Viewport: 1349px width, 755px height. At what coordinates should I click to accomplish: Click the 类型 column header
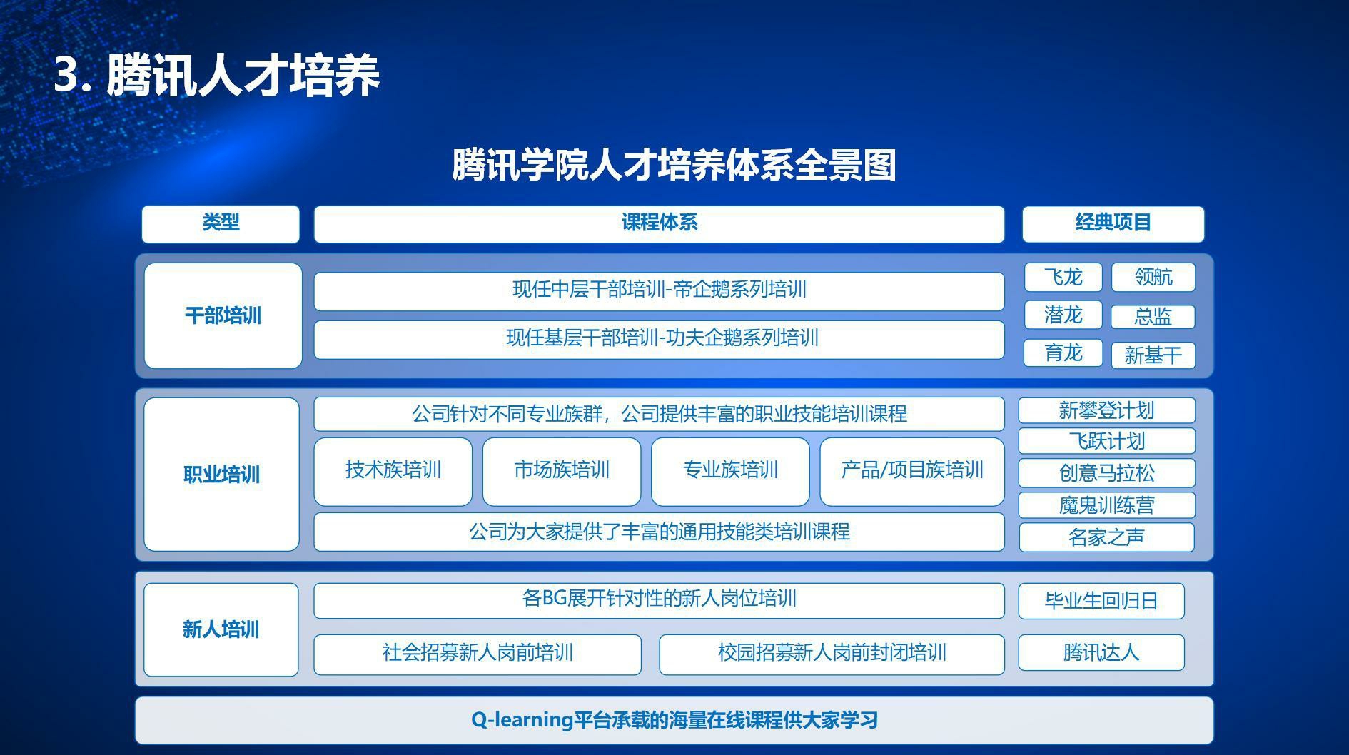pos(221,224)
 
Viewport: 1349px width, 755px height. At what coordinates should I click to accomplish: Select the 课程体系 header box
pos(659,224)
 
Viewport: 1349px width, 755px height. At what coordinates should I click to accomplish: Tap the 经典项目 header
pos(1113,224)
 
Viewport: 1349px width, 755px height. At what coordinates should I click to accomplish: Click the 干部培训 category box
pos(223,315)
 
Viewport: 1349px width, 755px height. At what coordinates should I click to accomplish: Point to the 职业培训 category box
pos(221,475)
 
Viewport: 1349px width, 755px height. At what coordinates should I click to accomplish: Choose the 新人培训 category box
pos(221,629)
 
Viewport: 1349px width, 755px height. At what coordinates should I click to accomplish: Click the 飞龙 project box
pos(1063,277)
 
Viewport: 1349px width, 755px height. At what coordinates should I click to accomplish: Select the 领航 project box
pos(1153,277)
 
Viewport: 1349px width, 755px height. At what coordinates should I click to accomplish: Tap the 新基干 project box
pos(1153,355)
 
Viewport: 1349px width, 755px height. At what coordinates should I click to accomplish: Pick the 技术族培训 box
pos(393,471)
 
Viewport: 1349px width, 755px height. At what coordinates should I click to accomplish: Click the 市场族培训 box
pos(562,471)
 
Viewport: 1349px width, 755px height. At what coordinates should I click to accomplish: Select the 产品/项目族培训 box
pos(911,471)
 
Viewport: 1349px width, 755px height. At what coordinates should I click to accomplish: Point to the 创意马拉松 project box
pos(1106,472)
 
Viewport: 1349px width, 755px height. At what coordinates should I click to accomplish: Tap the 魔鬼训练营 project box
pos(1106,505)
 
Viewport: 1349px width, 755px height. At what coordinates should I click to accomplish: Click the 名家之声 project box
pos(1106,537)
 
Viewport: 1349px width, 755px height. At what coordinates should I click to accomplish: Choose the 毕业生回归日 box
pos(1101,601)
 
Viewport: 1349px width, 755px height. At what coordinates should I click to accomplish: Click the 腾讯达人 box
pos(1101,652)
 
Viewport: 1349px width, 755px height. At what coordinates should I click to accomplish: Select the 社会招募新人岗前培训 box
pos(478,654)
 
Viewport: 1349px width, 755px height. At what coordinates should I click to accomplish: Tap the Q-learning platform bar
pos(674,720)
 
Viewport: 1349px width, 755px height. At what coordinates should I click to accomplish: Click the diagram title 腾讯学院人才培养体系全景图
pos(674,165)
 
